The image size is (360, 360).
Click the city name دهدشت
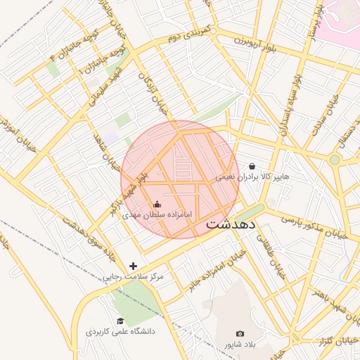233,225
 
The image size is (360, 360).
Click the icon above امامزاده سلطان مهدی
156,204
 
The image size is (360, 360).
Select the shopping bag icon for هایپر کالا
252,167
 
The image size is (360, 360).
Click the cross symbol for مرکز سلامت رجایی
134,266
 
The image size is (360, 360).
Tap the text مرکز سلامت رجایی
134,276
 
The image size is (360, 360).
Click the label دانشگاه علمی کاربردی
120,330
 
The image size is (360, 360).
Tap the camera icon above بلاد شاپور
240,333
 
